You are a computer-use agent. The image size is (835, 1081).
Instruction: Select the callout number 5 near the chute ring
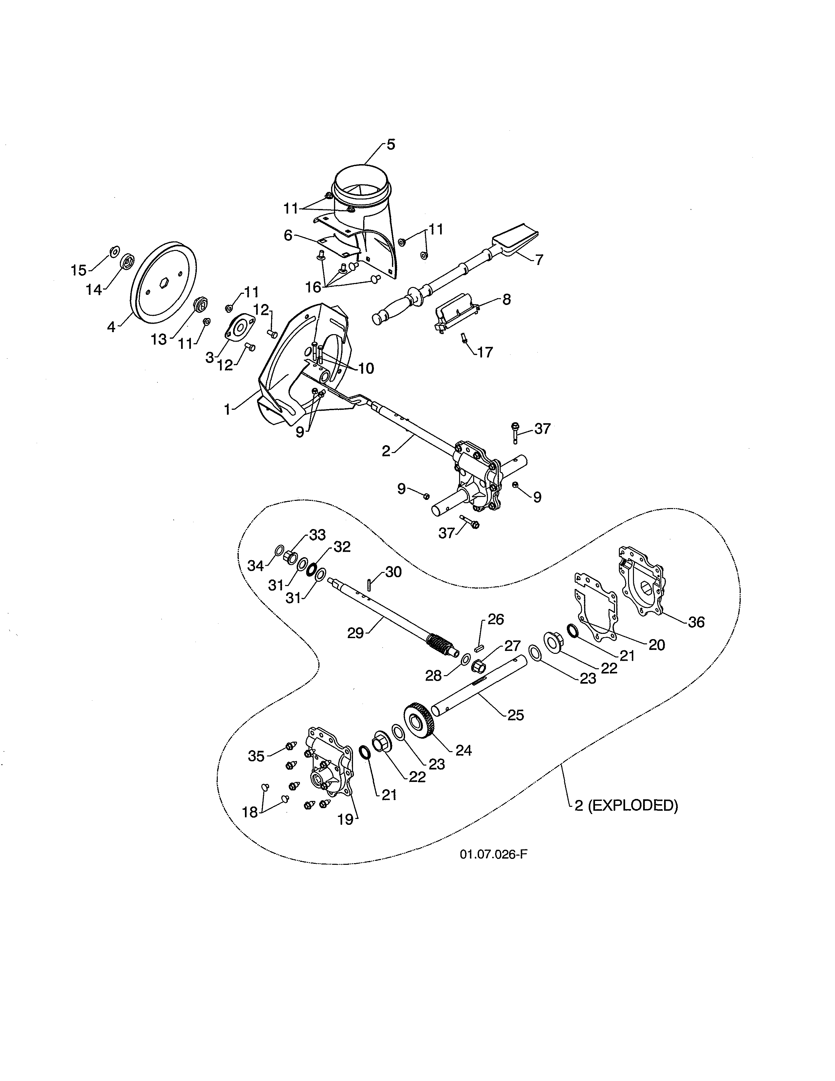(391, 144)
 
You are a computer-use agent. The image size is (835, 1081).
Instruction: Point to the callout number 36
(696, 622)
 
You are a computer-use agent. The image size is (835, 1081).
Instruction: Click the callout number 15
(78, 270)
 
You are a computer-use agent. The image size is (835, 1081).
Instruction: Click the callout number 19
(345, 820)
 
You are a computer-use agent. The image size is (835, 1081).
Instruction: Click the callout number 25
(515, 715)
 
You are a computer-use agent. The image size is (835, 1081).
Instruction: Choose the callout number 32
(342, 547)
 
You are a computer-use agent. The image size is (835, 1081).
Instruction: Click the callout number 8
(506, 299)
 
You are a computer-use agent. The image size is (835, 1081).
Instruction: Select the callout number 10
(366, 368)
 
